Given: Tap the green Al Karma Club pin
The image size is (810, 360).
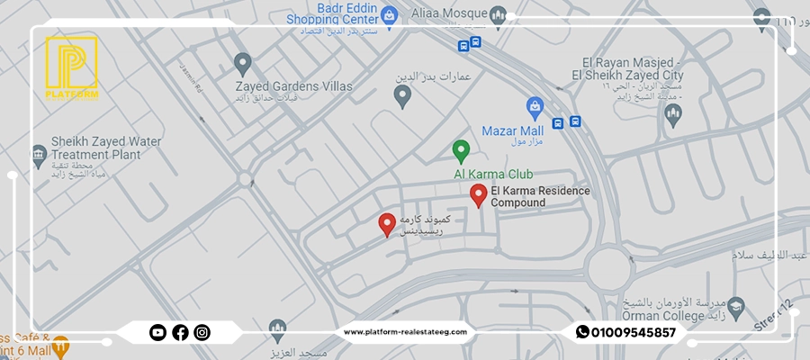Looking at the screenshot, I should pos(461,150).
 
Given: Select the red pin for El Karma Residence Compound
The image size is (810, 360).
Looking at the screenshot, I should pos(479,194).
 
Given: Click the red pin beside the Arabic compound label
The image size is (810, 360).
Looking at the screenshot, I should pos(387,224).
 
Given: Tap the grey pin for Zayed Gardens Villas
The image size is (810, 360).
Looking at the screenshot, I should pos(241,63).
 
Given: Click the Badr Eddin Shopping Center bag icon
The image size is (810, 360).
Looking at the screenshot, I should pos(389,14).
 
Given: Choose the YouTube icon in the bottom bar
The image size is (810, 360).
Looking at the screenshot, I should pos(157,332).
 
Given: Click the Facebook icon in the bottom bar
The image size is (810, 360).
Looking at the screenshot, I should pos(180,332).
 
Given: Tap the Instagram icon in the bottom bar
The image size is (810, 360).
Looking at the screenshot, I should pos(202,332).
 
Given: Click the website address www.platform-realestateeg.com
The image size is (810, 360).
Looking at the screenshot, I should pos(406,332).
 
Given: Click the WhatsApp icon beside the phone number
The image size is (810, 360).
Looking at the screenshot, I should pos(582,332).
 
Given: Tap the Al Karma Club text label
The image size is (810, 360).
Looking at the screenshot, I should pos(494,173).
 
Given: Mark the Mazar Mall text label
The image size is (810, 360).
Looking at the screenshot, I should pos(515,130).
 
